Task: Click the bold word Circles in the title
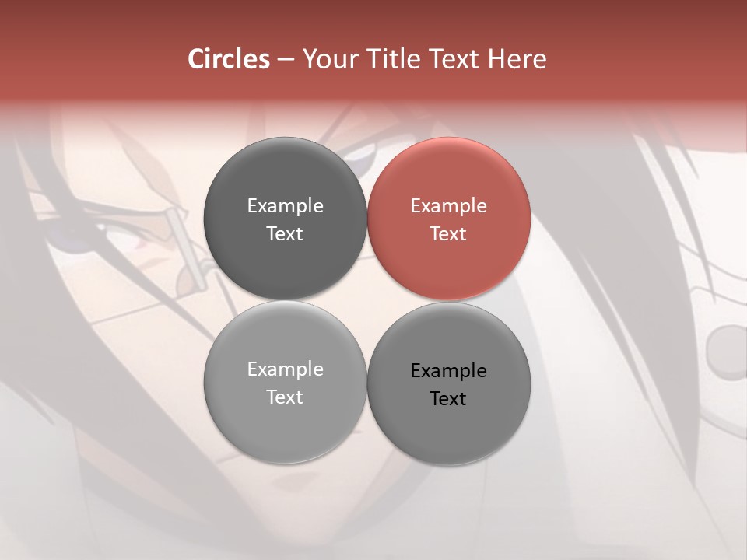(229, 59)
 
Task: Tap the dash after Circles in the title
(286, 60)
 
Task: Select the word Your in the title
(331, 60)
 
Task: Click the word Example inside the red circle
(448, 206)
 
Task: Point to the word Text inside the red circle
(448, 234)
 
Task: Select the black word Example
(448, 371)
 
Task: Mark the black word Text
(448, 399)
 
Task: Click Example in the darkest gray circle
(285, 206)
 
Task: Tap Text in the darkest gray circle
(285, 234)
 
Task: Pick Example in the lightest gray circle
(285, 369)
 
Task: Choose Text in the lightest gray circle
(285, 397)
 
